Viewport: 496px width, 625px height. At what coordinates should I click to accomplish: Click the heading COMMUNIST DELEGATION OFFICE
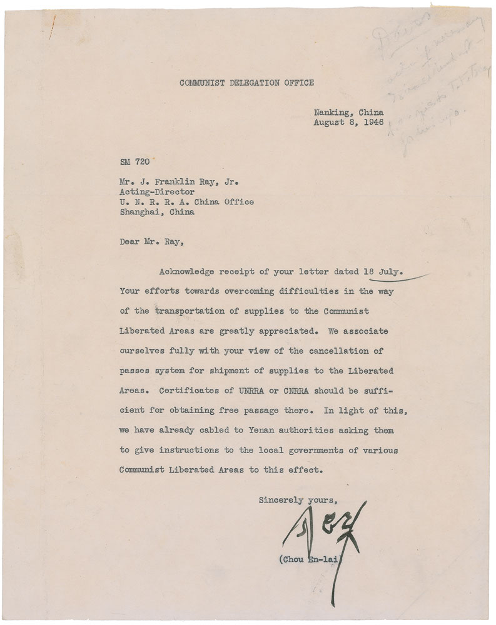(246, 82)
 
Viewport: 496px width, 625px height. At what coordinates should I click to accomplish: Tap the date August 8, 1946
(348, 122)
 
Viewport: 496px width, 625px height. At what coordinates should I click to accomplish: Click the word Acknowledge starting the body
(186, 272)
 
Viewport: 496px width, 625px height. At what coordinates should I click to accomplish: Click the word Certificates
(183, 391)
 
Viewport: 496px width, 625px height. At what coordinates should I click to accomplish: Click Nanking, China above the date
(348, 113)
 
